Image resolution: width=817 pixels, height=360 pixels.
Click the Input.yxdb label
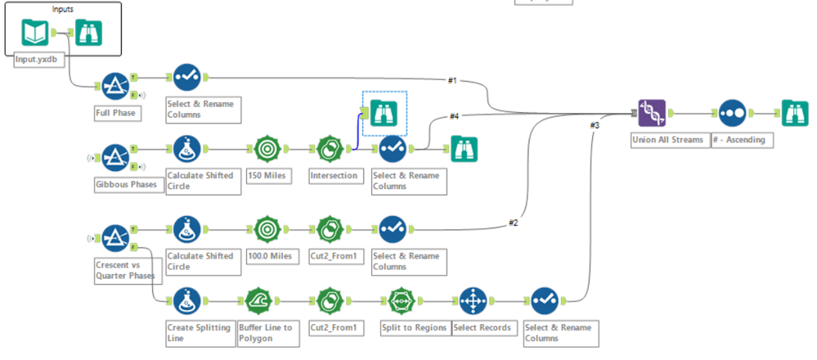[37, 60]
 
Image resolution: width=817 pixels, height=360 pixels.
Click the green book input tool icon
[35, 33]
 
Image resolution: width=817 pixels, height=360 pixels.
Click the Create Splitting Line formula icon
[186, 302]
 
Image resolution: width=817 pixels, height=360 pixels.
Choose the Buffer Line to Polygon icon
[258, 302]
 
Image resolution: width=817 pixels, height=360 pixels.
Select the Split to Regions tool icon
[402, 302]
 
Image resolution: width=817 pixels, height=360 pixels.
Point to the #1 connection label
[453, 80]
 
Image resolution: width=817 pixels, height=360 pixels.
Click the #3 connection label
[595, 125]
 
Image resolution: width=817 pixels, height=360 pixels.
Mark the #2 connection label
[513, 222]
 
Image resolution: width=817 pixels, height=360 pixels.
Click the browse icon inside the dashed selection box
[384, 112]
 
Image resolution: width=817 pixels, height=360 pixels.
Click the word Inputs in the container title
[64, 7]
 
